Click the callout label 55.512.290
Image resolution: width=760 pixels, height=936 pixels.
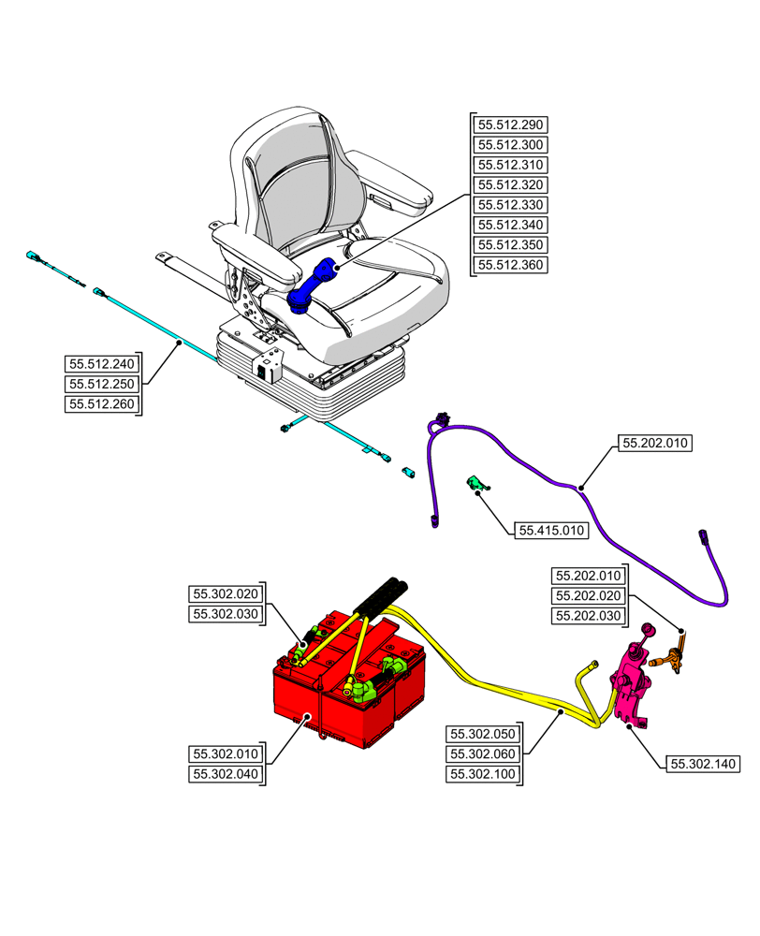click(511, 124)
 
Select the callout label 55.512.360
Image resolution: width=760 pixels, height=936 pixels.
click(511, 265)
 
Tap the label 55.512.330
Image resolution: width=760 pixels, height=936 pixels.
click(511, 205)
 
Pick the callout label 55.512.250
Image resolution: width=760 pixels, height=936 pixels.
click(100, 385)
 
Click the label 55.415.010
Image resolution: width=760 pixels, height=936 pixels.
click(551, 531)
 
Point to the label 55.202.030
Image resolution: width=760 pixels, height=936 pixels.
click(589, 615)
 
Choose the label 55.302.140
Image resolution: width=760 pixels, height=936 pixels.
click(703, 765)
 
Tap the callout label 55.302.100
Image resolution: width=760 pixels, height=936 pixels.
click(483, 774)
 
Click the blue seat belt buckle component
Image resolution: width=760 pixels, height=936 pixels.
click(313, 286)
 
